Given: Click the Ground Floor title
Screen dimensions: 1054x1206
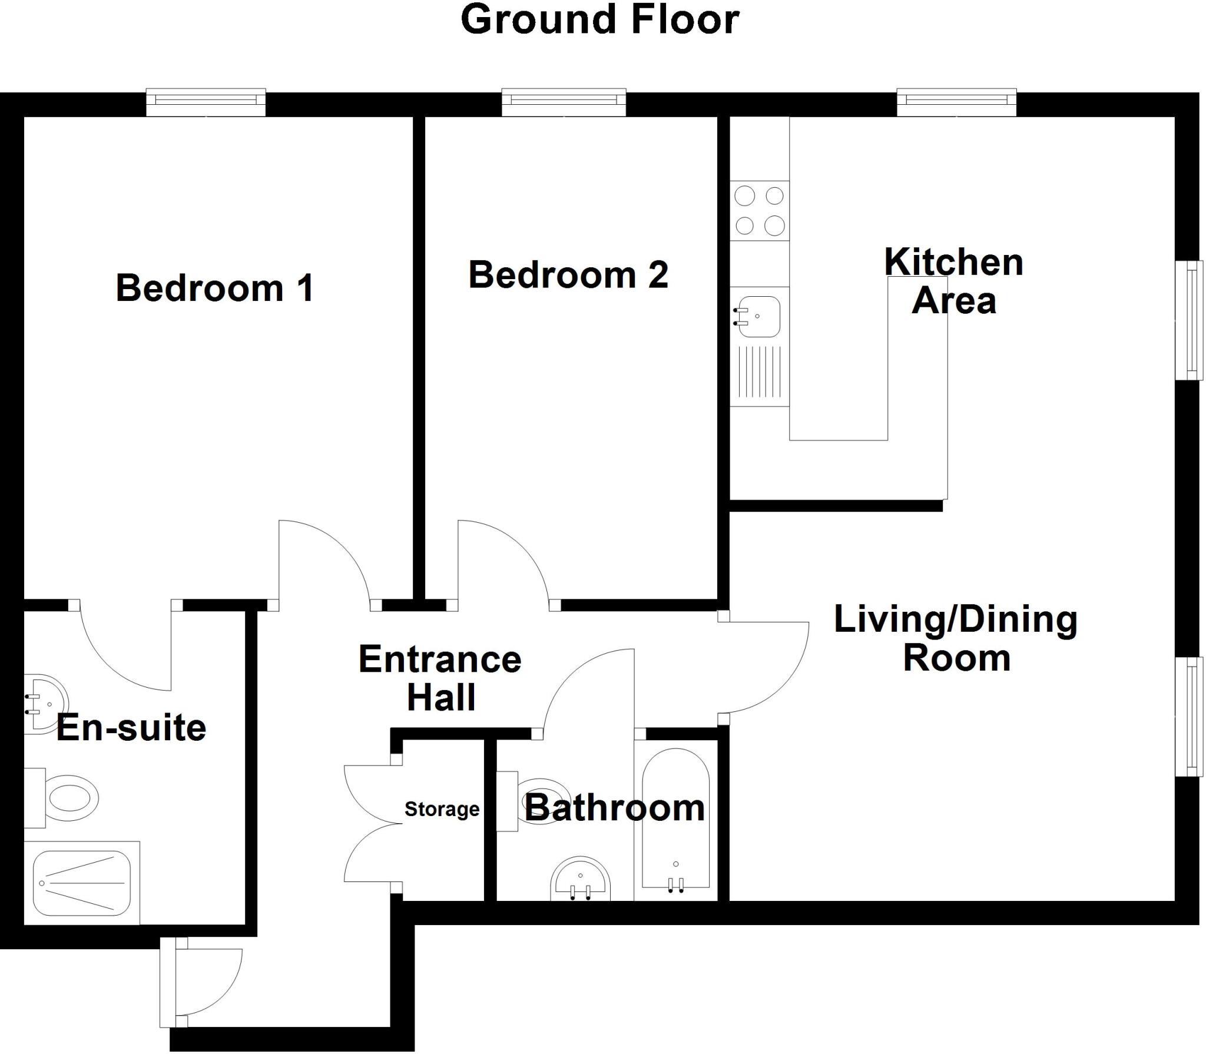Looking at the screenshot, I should coord(599,20).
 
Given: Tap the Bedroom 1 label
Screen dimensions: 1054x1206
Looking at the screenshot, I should coord(214,288).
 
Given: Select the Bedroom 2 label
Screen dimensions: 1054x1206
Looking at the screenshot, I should coord(568,275).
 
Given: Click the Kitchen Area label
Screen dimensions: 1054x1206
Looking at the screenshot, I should coord(953,281).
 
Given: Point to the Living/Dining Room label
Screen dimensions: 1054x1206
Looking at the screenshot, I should coord(956,638).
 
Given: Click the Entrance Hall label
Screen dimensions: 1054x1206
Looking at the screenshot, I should coord(440,678).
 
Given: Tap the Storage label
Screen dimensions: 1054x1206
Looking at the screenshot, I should coord(442,810).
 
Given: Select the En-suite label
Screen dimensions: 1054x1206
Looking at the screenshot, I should coord(131,728).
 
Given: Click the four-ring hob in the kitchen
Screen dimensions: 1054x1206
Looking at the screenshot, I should coord(760,210).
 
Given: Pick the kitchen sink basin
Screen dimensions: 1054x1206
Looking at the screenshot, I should coord(760,317).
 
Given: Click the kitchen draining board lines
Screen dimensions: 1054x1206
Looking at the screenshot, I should coord(760,372).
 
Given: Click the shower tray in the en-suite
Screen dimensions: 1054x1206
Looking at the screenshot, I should coord(81,883).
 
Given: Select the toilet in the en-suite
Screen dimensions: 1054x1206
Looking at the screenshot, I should coord(68,798).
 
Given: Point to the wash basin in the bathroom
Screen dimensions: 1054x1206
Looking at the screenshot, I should coord(580,880).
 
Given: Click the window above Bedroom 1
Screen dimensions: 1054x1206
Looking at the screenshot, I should coord(206,102).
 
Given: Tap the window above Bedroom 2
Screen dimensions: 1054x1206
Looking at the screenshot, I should coord(564,102).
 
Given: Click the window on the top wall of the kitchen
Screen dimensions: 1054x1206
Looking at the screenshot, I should coord(956,102).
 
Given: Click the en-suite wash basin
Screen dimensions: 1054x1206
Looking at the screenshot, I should coord(46,704).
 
